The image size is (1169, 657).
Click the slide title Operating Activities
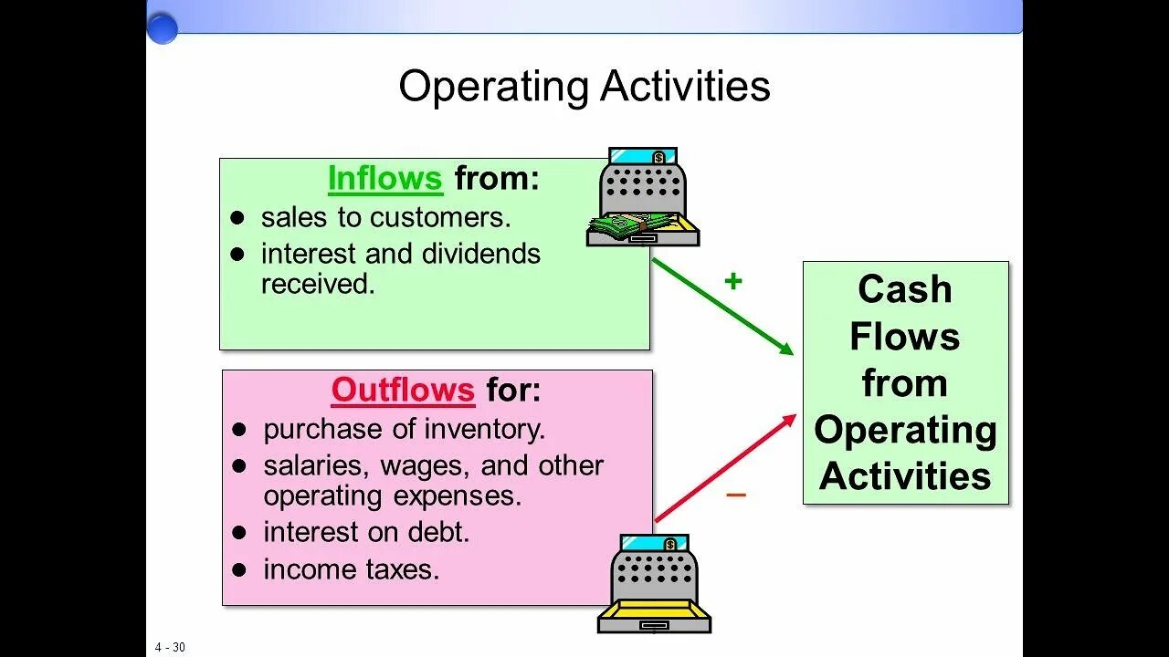click(x=584, y=87)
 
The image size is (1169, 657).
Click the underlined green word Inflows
click(x=384, y=179)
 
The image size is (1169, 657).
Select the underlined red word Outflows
click(x=403, y=391)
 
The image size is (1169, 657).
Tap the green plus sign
click(x=732, y=281)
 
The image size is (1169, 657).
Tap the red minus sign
click(x=736, y=495)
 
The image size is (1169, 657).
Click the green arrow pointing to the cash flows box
click(x=722, y=307)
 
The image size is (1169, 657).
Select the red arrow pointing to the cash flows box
click(x=725, y=468)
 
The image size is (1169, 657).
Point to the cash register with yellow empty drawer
click(x=654, y=584)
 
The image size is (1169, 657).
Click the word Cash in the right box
click(x=905, y=289)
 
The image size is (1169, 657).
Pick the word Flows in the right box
click(x=905, y=336)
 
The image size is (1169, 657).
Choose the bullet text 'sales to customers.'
click(x=385, y=217)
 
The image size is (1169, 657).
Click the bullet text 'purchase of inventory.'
click(x=404, y=429)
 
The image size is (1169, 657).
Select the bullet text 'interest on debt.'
click(x=366, y=532)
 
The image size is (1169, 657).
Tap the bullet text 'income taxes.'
click(x=352, y=569)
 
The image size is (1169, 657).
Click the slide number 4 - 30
click(x=170, y=647)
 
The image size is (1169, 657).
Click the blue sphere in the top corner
click(x=163, y=28)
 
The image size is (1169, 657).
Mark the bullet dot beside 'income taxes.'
click(x=239, y=570)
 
